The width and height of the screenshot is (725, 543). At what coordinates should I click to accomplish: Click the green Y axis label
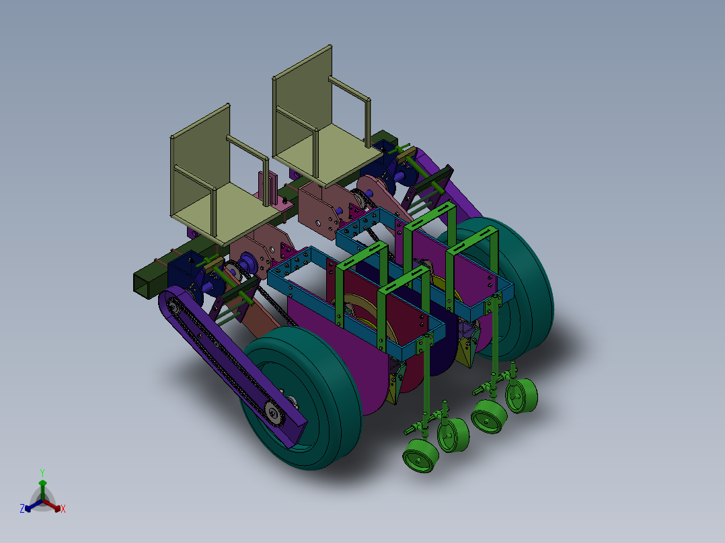[42, 472]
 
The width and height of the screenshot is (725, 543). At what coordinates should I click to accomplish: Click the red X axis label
[63, 509]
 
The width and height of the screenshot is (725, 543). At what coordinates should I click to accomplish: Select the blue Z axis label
[22, 508]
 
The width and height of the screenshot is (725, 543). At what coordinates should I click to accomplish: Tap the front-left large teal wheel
[301, 397]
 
